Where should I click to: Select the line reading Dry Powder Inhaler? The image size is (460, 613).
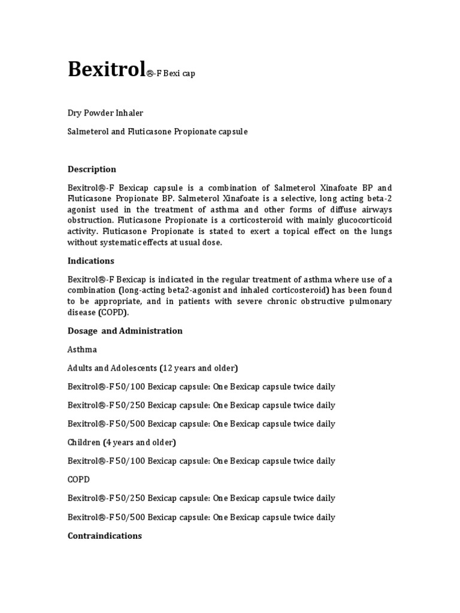[105, 113]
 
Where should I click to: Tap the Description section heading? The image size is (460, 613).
[92, 169]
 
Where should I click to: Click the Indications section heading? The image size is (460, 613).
[90, 261]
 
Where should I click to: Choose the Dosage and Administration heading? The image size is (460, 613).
[125, 330]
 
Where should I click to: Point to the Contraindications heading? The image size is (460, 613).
[104, 536]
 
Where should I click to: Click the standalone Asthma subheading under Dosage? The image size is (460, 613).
[82, 349]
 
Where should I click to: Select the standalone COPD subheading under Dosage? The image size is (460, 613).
[78, 480]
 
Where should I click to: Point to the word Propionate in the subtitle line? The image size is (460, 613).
[194, 131]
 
